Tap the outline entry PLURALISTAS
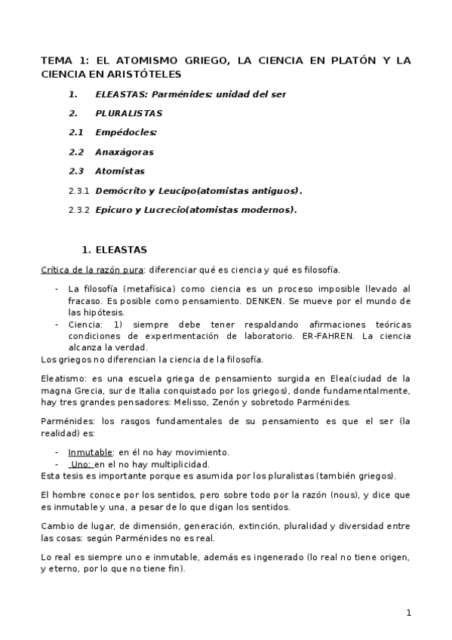tap(129, 113)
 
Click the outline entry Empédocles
tap(125, 132)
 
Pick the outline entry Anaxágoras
tap(124, 152)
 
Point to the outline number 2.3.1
tap(78, 191)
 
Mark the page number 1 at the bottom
tap(409, 613)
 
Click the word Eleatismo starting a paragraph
tap(63, 378)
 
